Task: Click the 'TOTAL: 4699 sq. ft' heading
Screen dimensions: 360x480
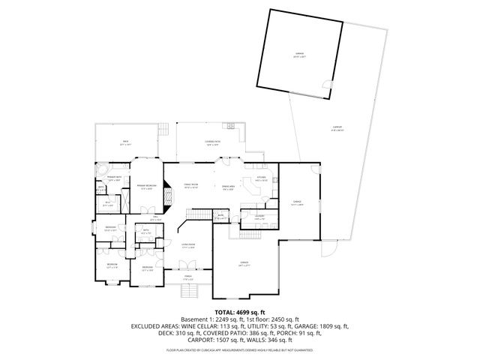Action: point(240,311)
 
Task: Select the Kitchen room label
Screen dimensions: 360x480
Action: point(261,179)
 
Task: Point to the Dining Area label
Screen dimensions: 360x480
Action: point(228,187)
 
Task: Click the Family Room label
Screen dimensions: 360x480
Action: point(192,186)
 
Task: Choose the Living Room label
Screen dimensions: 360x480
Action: point(188,245)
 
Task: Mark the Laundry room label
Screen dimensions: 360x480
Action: point(259,217)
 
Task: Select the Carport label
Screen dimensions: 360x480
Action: point(337,128)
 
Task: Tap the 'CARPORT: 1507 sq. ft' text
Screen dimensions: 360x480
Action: point(196,340)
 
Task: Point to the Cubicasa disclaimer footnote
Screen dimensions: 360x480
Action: point(240,349)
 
